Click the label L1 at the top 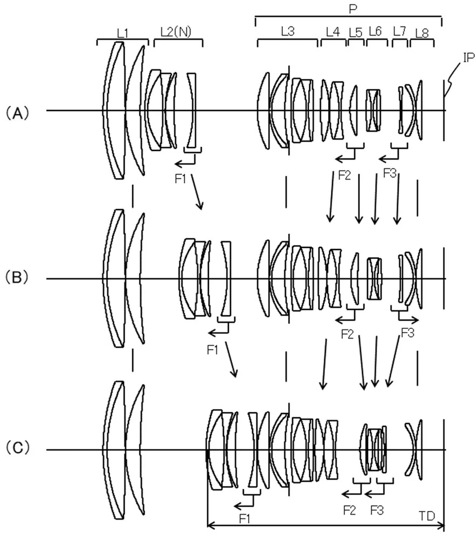coord(123,33)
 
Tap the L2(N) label coord(176,32)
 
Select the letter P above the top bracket coord(353,9)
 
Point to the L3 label coord(288,31)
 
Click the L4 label coord(333,32)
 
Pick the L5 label coord(356,33)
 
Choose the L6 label coord(375,31)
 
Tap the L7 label coord(399,32)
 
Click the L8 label coord(422,33)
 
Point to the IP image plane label coord(468,58)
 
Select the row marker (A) coord(17,113)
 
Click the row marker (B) coord(17,277)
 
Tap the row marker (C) coord(17,447)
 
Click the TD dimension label coord(427,516)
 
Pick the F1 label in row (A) coord(181,179)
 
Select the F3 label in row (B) coord(408,333)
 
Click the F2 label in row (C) coord(349,510)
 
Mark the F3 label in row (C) coord(377,510)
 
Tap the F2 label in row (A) coord(344,175)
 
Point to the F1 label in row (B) coord(213,350)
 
